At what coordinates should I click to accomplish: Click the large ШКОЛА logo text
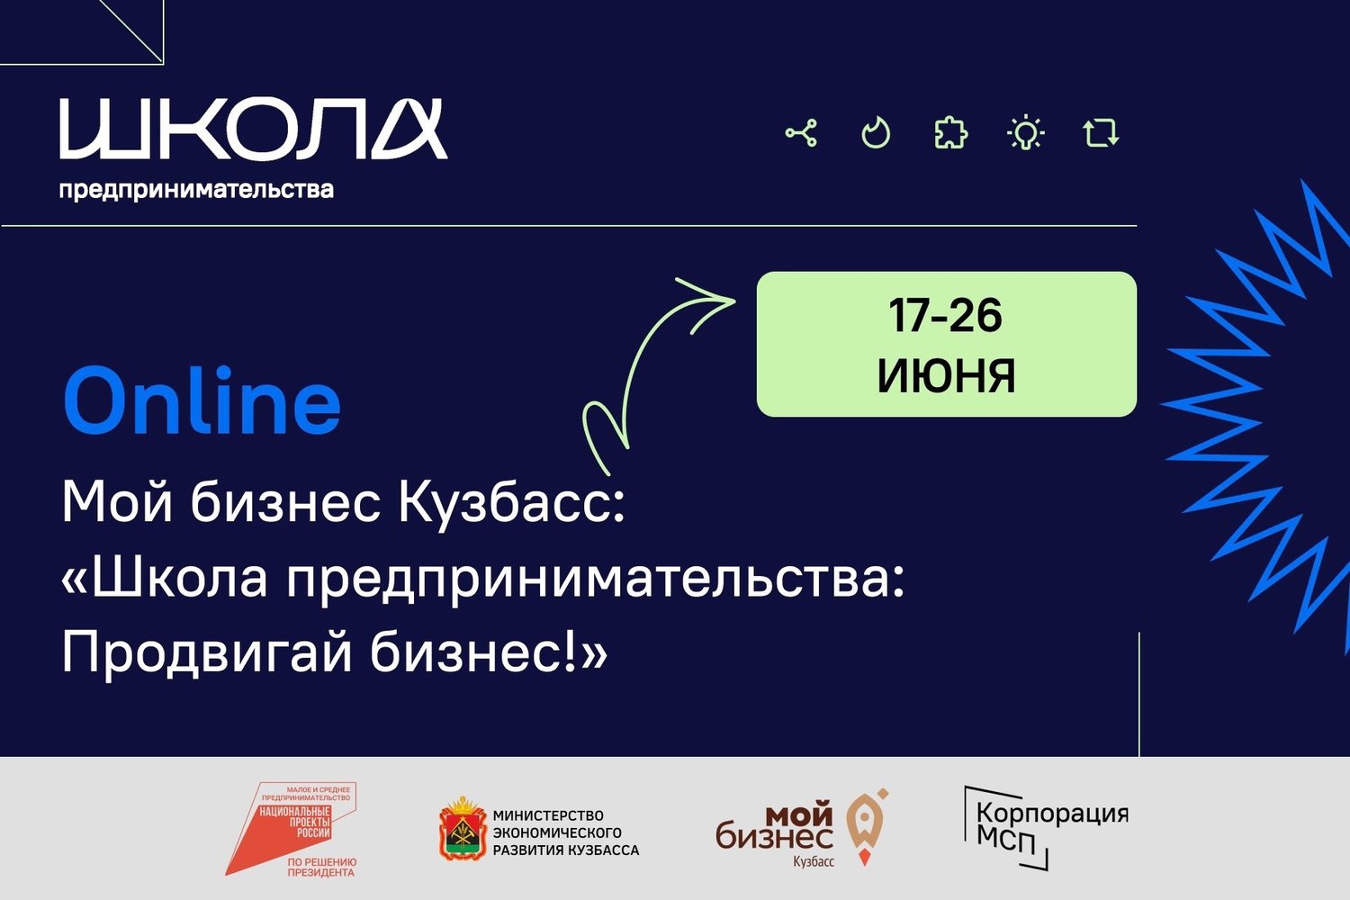click(x=253, y=129)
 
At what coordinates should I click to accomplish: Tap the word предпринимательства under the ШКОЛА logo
click(x=196, y=190)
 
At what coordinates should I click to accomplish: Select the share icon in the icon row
click(x=802, y=132)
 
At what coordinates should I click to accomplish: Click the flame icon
click(x=876, y=132)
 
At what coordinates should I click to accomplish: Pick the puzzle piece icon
click(x=951, y=132)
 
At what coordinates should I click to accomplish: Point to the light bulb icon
click(x=1026, y=132)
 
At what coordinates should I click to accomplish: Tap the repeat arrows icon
click(x=1101, y=132)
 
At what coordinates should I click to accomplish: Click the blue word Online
click(x=202, y=400)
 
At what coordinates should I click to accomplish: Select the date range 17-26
click(x=945, y=315)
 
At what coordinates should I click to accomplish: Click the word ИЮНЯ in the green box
click(x=946, y=376)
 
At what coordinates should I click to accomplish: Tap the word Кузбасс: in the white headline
click(x=511, y=503)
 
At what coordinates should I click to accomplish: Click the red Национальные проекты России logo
click(x=292, y=829)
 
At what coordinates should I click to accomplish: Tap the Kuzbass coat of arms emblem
click(x=463, y=829)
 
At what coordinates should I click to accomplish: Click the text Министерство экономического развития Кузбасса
click(x=566, y=832)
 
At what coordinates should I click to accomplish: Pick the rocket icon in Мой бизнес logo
click(x=867, y=827)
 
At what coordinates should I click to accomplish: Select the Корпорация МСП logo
click(x=1046, y=828)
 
